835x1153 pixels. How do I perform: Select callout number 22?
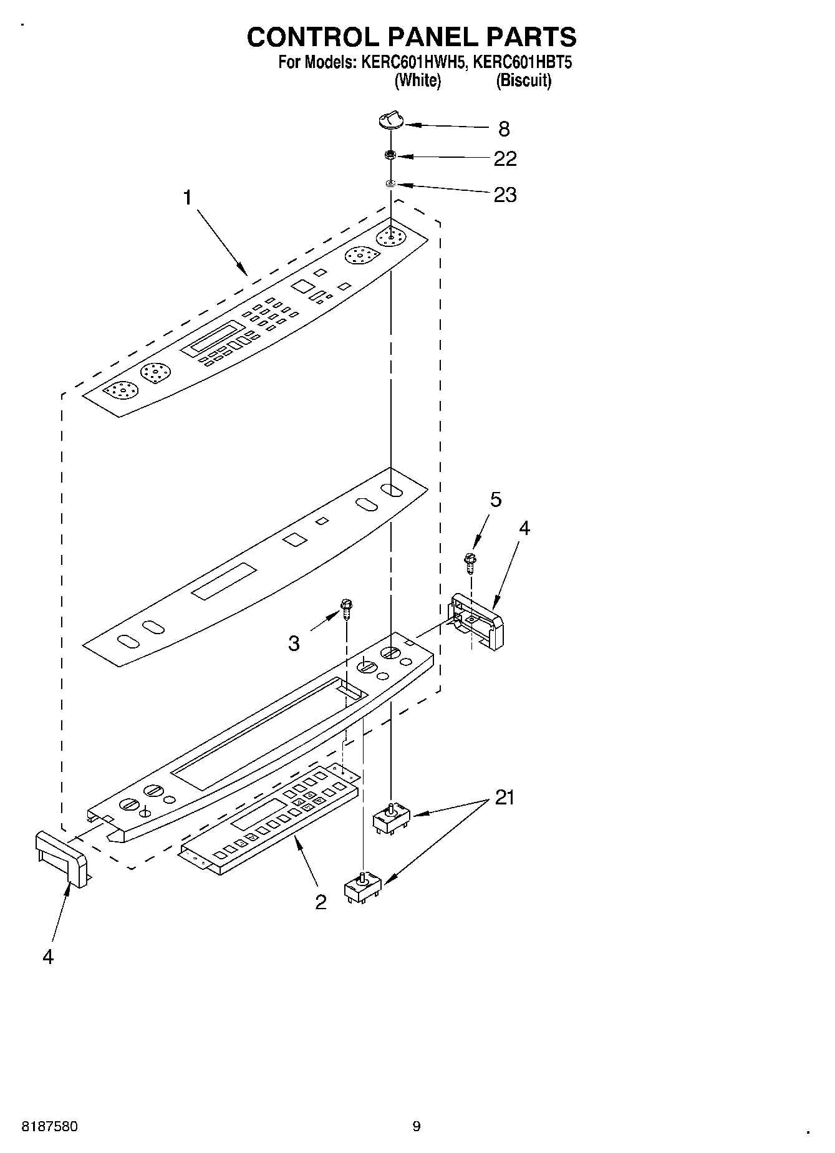pyautogui.click(x=504, y=159)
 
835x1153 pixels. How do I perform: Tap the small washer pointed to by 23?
pyautogui.click(x=391, y=183)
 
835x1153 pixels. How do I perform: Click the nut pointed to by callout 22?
pyautogui.click(x=391, y=155)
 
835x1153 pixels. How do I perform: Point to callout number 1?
pyautogui.click(x=187, y=198)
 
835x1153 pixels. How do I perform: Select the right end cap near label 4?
pyautogui.click(x=478, y=621)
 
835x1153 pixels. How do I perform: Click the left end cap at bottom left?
pyautogui.click(x=61, y=857)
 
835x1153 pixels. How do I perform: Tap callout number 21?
pyautogui.click(x=504, y=798)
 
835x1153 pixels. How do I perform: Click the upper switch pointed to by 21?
pyautogui.click(x=392, y=816)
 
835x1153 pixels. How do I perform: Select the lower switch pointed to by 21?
pyautogui.click(x=364, y=887)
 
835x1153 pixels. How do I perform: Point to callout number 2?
pyautogui.click(x=321, y=902)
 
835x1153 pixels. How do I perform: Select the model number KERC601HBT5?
pyautogui.click(x=522, y=62)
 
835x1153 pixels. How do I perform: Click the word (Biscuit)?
pyautogui.click(x=523, y=80)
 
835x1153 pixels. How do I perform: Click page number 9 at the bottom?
pyautogui.click(x=417, y=1126)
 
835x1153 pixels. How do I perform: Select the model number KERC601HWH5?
pyautogui.click(x=410, y=62)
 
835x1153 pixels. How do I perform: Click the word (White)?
pyautogui.click(x=418, y=80)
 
